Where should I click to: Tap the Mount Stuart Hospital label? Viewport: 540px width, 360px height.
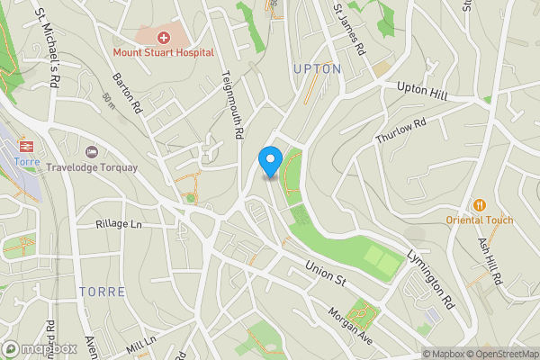[163, 52]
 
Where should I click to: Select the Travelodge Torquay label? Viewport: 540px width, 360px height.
[105, 167]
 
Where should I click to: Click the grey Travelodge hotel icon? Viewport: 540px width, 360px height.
[90, 151]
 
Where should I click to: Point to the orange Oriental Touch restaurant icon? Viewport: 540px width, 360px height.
[479, 204]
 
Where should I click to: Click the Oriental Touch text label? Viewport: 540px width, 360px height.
[479, 220]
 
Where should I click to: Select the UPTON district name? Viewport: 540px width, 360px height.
[317, 68]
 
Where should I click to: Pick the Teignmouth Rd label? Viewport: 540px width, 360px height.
[232, 104]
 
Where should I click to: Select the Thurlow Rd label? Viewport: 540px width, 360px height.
[400, 135]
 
